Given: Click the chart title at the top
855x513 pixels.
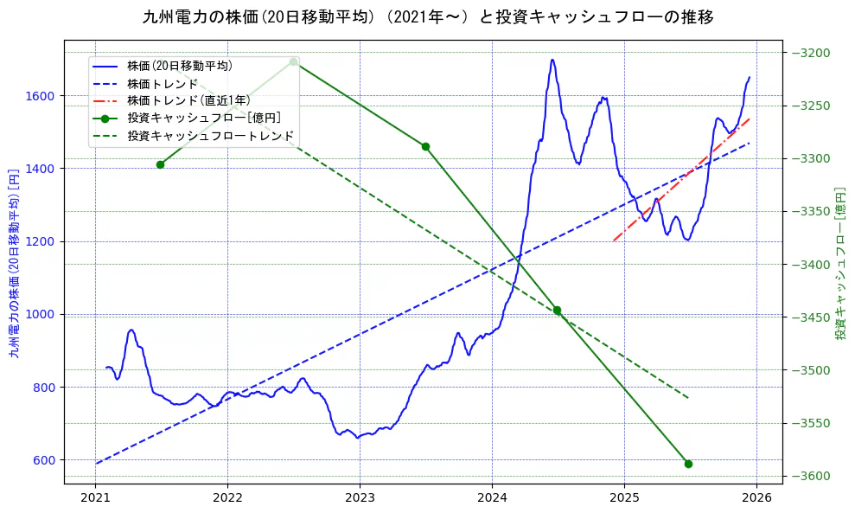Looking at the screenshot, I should (427, 16).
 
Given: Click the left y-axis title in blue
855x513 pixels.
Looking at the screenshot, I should (13, 262).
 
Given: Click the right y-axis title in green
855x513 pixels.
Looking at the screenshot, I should (840, 262).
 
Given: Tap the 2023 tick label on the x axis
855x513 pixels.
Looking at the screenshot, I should (360, 499).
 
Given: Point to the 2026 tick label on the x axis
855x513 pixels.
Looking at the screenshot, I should (756, 499).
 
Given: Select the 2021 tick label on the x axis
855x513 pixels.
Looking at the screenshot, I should (95, 499).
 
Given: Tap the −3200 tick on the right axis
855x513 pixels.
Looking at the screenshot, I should (809, 53).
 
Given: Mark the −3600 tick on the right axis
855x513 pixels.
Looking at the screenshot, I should (809, 476).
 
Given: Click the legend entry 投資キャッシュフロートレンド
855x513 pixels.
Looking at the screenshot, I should (210, 136).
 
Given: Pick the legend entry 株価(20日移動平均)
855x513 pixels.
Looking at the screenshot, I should (179, 65).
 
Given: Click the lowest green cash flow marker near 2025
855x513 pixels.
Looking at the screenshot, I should (688, 464).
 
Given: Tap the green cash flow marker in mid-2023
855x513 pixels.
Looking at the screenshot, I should (425, 146).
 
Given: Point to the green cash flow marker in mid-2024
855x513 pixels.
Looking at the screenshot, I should (557, 310).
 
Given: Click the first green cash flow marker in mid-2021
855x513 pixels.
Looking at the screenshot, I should (160, 164).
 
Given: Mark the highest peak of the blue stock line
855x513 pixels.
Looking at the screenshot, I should (552, 60).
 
